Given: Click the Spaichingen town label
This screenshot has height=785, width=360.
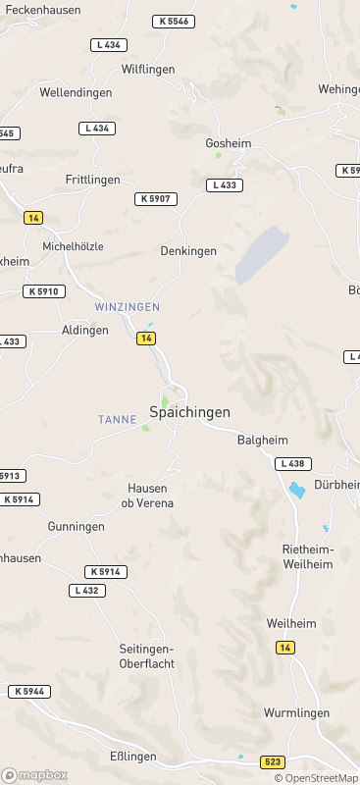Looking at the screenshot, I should pyautogui.click(x=189, y=412).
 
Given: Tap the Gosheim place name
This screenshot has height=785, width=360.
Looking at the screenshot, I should pyautogui.click(x=229, y=143).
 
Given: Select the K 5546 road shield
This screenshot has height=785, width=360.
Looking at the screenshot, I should pyautogui.click(x=174, y=21).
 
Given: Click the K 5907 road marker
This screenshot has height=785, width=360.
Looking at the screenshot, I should pyautogui.click(x=156, y=199).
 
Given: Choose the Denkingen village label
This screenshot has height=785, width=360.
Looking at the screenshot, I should pyautogui.click(x=188, y=251).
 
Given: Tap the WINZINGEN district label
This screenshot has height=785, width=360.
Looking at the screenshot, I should pyautogui.click(x=127, y=307).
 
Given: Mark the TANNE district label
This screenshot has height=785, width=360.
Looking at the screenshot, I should pyautogui.click(x=117, y=419).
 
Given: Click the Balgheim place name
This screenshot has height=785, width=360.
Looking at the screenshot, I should pyautogui.click(x=261, y=441).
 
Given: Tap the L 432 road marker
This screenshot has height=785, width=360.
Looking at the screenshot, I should pyautogui.click(x=87, y=590).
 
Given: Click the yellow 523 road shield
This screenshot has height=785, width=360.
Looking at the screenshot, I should pyautogui.click(x=274, y=761).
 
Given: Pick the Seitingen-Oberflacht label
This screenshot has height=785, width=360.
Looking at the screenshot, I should pyautogui.click(x=146, y=655).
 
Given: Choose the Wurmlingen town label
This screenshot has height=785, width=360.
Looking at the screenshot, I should pyautogui.click(x=292, y=712).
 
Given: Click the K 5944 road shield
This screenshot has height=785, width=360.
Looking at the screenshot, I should pyautogui.click(x=29, y=692).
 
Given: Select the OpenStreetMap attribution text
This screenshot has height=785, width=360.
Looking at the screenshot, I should pyautogui.click(x=316, y=778).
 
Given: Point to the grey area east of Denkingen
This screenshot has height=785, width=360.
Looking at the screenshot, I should pyautogui.click(x=261, y=254).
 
